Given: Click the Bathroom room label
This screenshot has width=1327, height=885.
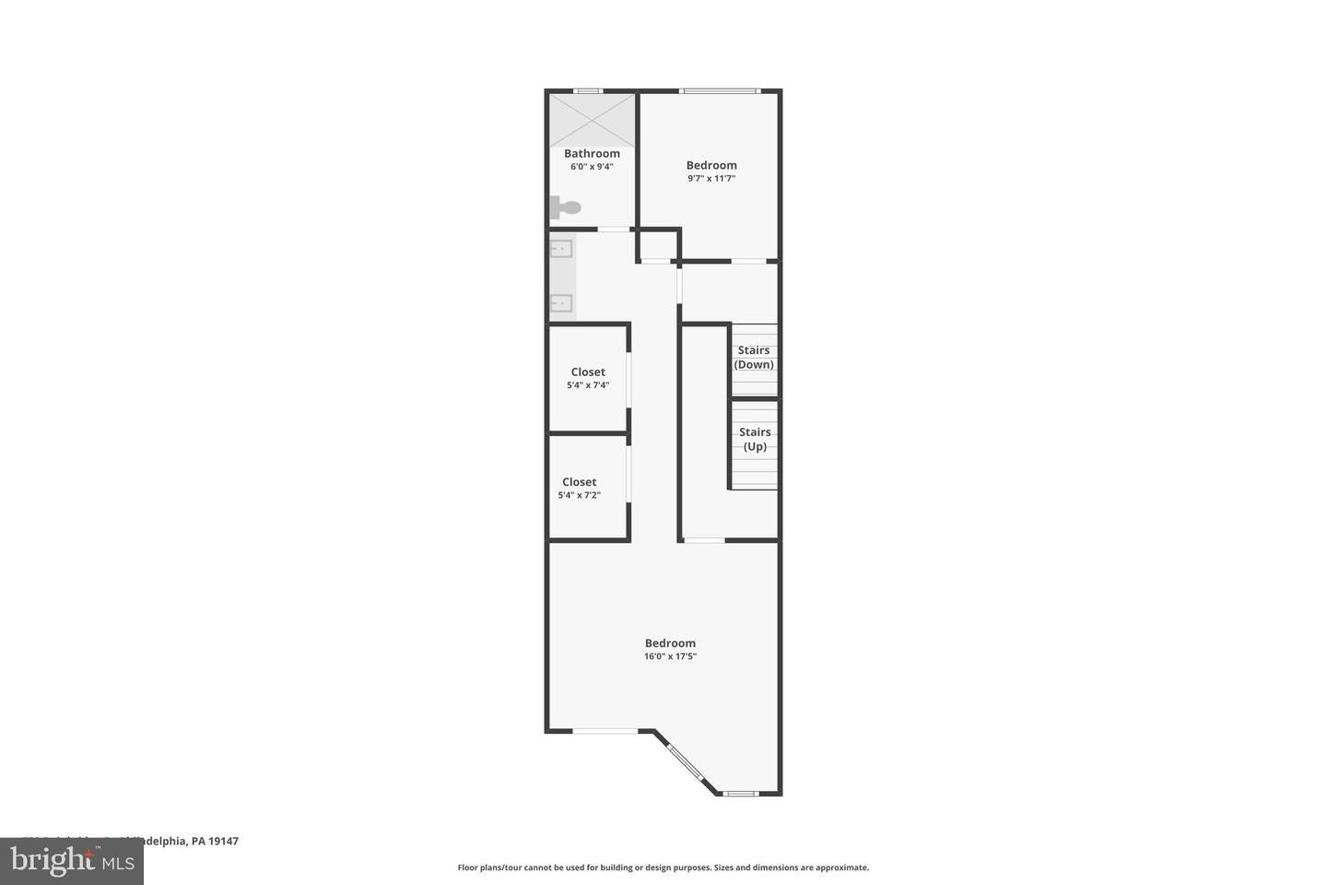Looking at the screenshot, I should [592, 154].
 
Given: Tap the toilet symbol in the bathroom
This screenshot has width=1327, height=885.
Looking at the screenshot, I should [563, 208].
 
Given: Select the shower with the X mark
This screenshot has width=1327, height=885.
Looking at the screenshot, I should [593, 119].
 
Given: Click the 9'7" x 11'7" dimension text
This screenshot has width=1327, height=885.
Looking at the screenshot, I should [711, 179].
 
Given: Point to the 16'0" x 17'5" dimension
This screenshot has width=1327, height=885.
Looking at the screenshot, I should [670, 656].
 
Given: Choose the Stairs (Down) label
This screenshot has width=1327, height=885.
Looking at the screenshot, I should [754, 358].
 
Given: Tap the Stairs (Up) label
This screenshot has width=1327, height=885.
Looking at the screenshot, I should [755, 439].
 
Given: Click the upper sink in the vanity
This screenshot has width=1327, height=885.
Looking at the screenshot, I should [561, 248].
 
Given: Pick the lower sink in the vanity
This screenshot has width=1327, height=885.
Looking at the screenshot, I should [561, 302].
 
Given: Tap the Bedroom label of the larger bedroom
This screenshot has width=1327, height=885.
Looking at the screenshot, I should [670, 643].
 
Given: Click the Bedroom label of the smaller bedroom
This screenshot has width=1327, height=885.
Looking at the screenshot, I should [711, 166].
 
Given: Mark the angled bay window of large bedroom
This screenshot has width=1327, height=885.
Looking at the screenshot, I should [685, 761].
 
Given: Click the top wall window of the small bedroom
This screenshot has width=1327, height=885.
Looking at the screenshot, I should [719, 90].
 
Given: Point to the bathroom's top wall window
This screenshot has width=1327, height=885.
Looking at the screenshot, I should [588, 90].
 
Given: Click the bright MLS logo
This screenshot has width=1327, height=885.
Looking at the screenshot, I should [71, 861].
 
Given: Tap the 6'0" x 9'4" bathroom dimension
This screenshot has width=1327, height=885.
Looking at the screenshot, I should [592, 167].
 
